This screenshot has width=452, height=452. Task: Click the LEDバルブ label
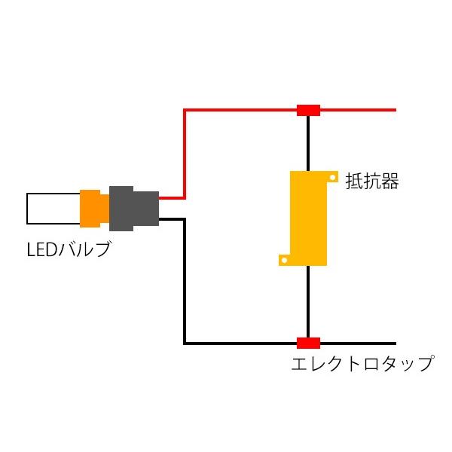[69, 249]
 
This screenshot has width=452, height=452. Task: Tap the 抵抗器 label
[372, 182]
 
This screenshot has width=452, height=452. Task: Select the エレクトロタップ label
[363, 363]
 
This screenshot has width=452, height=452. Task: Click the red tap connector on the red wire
[308, 111]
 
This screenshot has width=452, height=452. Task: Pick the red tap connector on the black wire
[308, 343]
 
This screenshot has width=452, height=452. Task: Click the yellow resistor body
[308, 218]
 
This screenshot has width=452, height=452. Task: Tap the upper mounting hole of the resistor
[332, 177]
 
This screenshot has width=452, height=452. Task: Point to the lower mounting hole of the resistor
[284, 261]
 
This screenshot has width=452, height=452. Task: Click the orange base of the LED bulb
[95, 209]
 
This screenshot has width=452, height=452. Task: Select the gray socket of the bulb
[134, 209]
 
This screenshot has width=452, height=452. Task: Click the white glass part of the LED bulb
[53, 209]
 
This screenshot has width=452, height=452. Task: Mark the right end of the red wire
[395, 110]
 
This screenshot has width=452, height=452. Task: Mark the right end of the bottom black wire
[395, 344]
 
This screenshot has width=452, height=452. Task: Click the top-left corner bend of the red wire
[185, 110]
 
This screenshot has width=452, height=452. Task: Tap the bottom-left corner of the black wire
[185, 344]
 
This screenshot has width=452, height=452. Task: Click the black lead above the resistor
[308, 144]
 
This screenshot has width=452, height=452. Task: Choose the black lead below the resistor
[308, 301]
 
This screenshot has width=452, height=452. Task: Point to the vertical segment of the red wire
[185, 154]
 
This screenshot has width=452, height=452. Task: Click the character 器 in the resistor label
[390, 182]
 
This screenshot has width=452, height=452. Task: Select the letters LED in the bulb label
[42, 249]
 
